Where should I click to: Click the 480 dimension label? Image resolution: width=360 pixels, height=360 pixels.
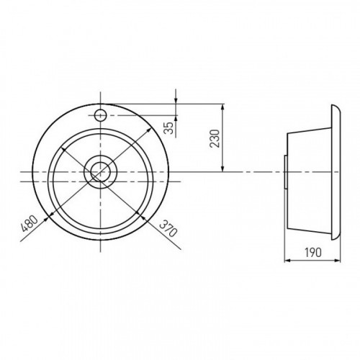pyautogui.click(x=30, y=223)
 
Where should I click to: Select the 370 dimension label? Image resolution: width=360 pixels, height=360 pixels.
pyautogui.click(x=168, y=228)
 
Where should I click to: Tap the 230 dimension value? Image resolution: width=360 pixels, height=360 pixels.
pyautogui.click(x=215, y=138)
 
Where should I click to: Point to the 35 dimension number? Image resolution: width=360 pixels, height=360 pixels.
pyautogui.click(x=169, y=127)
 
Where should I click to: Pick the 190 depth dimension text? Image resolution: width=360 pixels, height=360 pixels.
pyautogui.click(x=313, y=252)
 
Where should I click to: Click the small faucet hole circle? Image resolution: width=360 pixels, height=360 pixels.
pyautogui.click(x=101, y=115)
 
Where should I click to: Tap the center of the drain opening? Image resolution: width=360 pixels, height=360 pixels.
pyautogui.click(x=101, y=172)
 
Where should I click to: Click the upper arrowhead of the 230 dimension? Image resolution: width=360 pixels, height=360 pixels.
pyautogui.click(x=223, y=107)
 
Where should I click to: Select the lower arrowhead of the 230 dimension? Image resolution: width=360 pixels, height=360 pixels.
pyautogui.click(x=223, y=168)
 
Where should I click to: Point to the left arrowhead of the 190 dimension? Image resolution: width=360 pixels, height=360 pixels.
pyautogui.click(x=288, y=260)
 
